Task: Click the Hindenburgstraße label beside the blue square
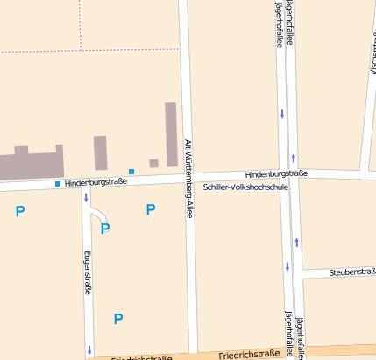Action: (x=96, y=182)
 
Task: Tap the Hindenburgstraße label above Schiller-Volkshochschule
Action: (x=276, y=173)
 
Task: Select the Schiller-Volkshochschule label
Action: (x=245, y=187)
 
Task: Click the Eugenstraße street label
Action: (x=87, y=272)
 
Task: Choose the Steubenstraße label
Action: (x=352, y=272)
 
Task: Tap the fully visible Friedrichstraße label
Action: (x=249, y=355)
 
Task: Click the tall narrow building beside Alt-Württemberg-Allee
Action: (x=171, y=133)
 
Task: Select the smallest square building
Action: (x=153, y=163)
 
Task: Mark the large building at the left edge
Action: (x=32, y=164)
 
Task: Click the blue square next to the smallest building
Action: (x=131, y=171)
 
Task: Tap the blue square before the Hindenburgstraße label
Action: (x=58, y=184)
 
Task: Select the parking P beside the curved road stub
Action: (x=105, y=229)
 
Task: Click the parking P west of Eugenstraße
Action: (x=20, y=210)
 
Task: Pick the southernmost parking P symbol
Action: (x=118, y=319)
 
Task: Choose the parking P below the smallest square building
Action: (x=151, y=209)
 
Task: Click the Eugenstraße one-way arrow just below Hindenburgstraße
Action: (x=86, y=197)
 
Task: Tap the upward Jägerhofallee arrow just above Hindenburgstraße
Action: (x=293, y=158)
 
